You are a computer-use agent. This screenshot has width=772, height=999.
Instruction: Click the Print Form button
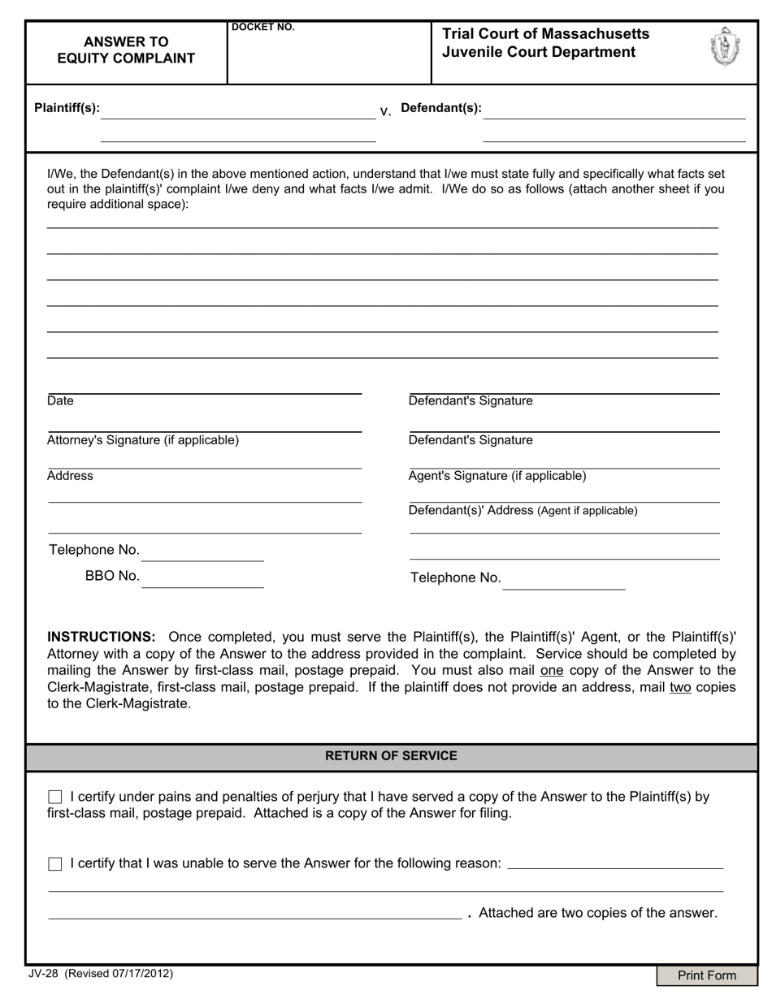coord(706,975)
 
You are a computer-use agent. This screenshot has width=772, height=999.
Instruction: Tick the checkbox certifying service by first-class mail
coord(55,798)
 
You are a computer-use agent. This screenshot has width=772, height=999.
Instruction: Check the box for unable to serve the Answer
coord(55,864)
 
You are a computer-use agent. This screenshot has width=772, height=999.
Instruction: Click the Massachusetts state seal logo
coord(724,46)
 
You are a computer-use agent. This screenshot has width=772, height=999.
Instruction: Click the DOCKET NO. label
coord(263,28)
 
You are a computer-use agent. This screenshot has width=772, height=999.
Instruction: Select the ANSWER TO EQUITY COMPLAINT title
coord(126,50)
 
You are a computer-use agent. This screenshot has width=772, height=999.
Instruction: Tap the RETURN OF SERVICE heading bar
coord(391,756)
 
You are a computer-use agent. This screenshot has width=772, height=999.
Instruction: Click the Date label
coord(60,401)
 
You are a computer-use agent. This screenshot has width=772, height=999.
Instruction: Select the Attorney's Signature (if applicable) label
coord(143,440)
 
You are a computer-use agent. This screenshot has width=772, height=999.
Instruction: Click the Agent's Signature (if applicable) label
coord(497,476)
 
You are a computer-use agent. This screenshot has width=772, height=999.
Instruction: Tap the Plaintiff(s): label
coord(67,108)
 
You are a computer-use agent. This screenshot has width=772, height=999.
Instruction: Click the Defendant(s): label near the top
coord(441,108)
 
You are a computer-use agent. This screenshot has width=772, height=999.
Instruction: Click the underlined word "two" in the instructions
coord(680,687)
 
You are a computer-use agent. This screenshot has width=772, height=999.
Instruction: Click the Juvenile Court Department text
coord(539,53)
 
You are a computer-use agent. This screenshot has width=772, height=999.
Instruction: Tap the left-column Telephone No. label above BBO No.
coord(94,551)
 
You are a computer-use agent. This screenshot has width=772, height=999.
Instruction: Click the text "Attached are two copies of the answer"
coord(598,913)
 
